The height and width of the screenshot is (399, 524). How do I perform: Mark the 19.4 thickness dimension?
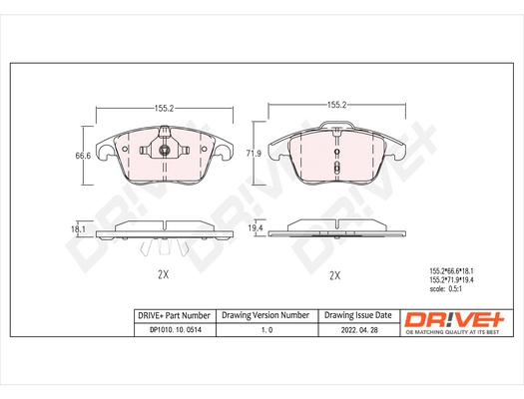(x=255, y=228)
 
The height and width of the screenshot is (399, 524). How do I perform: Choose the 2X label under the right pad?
(x=335, y=273)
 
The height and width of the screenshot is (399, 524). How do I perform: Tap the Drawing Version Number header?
(x=265, y=314)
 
